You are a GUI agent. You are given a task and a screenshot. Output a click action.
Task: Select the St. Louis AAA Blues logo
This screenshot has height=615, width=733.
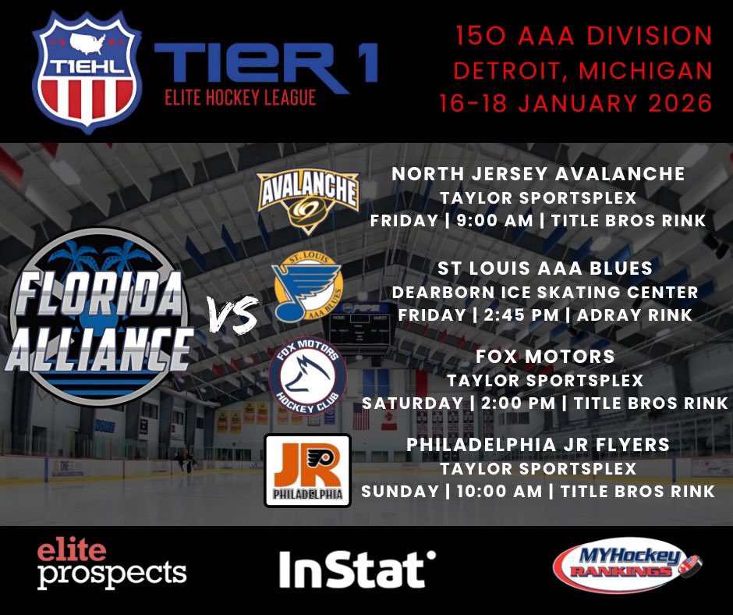click(x=307, y=290)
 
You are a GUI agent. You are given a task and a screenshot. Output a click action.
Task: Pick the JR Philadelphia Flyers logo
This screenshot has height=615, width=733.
click(x=307, y=470)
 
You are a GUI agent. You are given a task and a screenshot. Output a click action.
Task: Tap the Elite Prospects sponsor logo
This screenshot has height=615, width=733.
click(x=112, y=564)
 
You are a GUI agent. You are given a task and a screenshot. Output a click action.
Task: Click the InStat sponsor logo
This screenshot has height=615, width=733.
click(x=357, y=569)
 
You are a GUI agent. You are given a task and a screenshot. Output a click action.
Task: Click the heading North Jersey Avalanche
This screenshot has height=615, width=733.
click(x=538, y=174)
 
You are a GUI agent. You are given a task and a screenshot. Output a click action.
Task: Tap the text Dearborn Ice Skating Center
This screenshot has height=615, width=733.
click(x=545, y=292)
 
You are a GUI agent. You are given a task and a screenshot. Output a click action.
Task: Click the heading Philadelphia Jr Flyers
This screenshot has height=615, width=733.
click(x=538, y=444)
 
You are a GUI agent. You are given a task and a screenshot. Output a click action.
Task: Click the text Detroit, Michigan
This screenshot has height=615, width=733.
click(x=583, y=70)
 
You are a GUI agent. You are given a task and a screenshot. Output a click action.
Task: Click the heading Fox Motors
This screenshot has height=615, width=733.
click(x=545, y=357)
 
